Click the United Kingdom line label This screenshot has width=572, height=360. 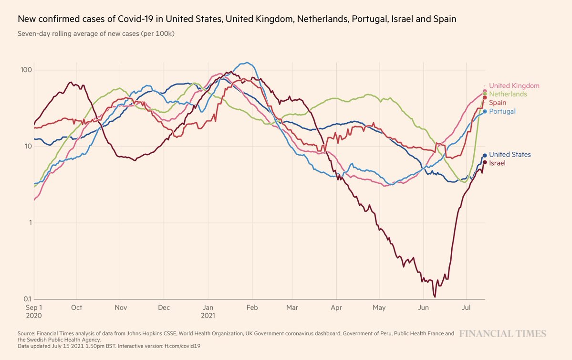[x=514, y=86]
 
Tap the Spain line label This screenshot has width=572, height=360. [x=498, y=103]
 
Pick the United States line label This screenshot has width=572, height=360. [x=510, y=155]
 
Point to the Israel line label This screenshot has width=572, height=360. [x=497, y=163]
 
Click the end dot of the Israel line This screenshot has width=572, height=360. [x=485, y=162]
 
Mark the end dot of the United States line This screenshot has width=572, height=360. [x=485, y=155]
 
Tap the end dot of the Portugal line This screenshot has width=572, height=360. [x=485, y=111]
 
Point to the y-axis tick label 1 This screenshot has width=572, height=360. [x=29, y=222]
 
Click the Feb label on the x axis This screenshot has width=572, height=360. [x=252, y=308]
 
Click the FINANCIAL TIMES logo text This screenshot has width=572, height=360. [x=503, y=334]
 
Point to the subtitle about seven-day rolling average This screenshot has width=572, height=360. [x=95, y=34]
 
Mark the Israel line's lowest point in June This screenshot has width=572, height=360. [x=435, y=296]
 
